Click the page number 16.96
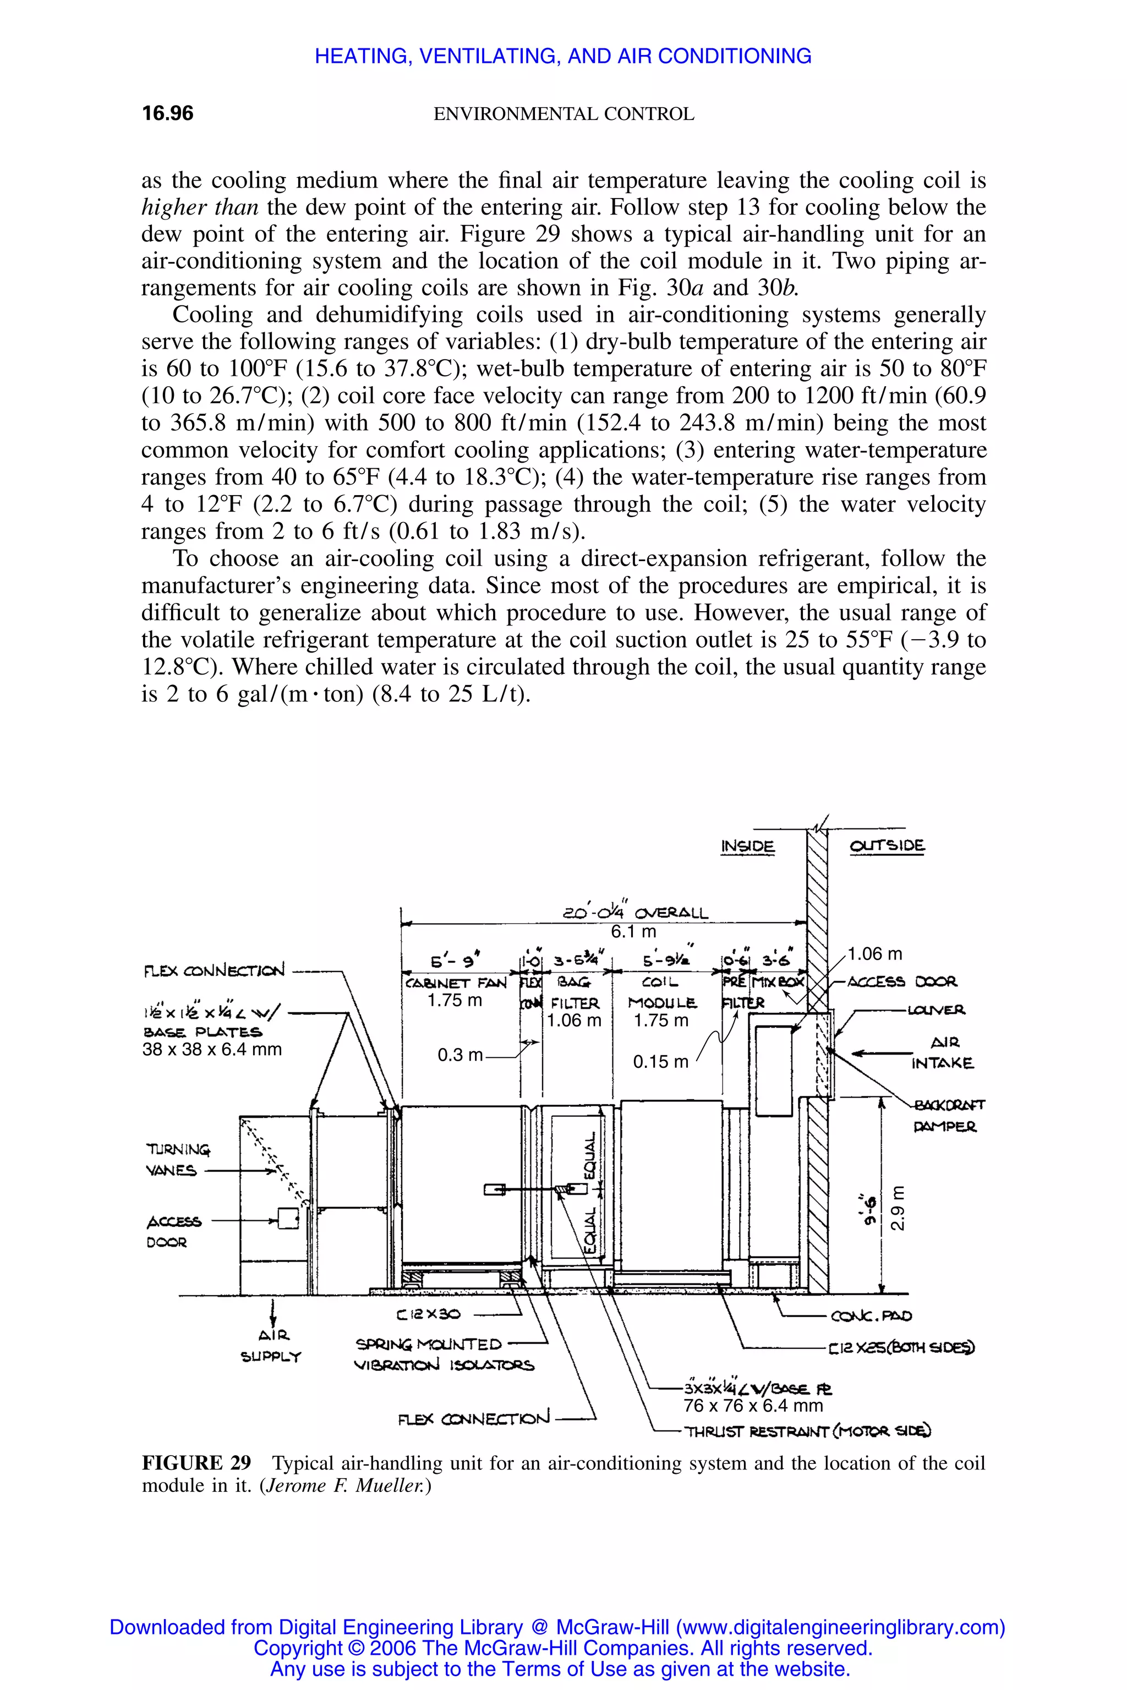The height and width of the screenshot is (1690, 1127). (x=167, y=113)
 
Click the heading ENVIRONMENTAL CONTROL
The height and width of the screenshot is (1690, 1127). (x=563, y=114)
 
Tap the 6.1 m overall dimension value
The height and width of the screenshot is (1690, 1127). (x=633, y=932)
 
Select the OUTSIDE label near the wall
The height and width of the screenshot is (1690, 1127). (x=887, y=847)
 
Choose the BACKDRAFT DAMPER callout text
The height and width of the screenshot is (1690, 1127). (x=948, y=1115)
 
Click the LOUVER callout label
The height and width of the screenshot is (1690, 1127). (x=936, y=1010)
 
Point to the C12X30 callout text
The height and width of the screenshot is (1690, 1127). (x=428, y=1314)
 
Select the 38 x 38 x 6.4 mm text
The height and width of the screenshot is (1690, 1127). (x=211, y=1049)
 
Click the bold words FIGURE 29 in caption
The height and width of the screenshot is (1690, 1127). (x=196, y=1463)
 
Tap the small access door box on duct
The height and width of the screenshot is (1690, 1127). (x=287, y=1219)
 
